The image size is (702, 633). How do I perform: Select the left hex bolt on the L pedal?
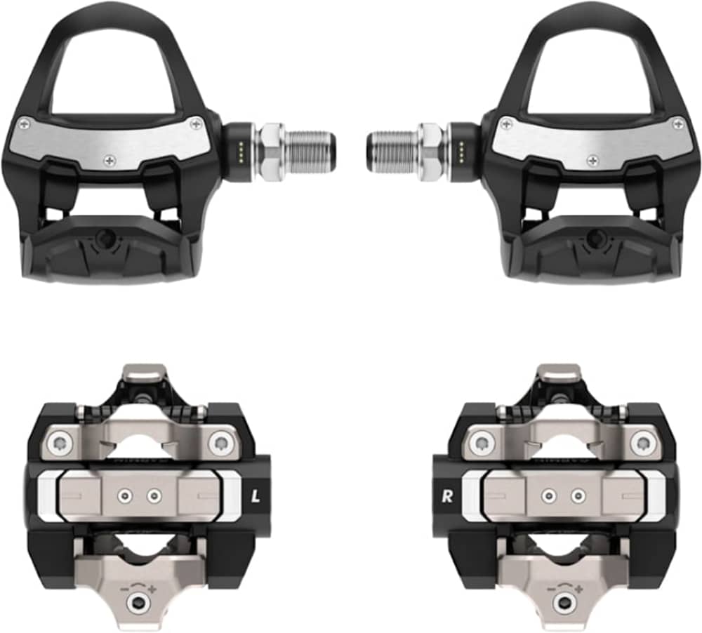point(62,443)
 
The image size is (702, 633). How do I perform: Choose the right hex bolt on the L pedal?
point(223,443)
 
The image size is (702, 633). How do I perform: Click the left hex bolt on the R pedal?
point(481,443)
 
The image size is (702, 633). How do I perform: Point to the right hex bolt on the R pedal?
point(641,443)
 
